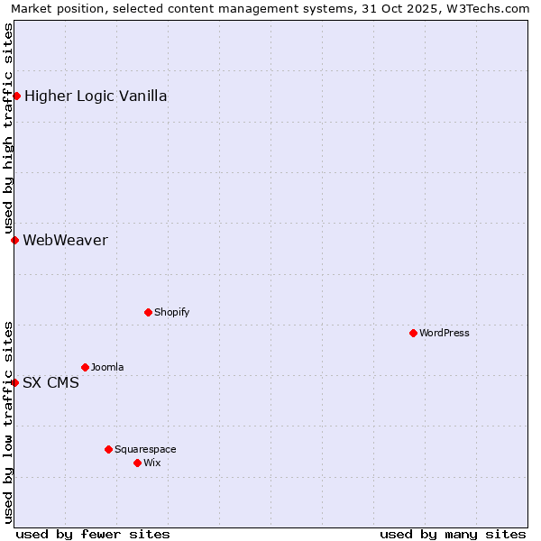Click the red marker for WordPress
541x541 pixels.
pyautogui.click(x=413, y=333)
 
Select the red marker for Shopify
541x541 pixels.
pyautogui.click(x=148, y=312)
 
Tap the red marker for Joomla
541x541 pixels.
pyautogui.click(x=85, y=367)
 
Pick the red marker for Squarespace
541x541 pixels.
pyautogui.click(x=108, y=449)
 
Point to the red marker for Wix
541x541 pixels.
pyautogui.click(x=137, y=463)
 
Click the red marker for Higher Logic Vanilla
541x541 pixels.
pyautogui.click(x=16, y=96)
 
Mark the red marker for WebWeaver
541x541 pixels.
pyautogui.click(x=14, y=240)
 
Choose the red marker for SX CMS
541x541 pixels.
pyautogui.click(x=14, y=382)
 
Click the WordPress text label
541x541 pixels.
pyautogui.click(x=445, y=333)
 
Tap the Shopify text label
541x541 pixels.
pyautogui.click(x=171, y=312)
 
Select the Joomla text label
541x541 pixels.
pyautogui.click(x=107, y=367)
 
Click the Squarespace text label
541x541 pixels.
pyautogui.click(x=145, y=449)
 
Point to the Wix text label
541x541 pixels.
pyautogui.click(x=151, y=463)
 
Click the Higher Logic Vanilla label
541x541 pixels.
pyautogui.click(x=96, y=96)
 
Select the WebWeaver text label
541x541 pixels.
pyautogui.click(x=65, y=240)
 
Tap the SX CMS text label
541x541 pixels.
pyautogui.click(x=50, y=382)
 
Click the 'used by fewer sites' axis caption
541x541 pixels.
pyautogui.click(x=93, y=534)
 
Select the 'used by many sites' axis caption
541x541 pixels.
pyautogui.click(x=453, y=534)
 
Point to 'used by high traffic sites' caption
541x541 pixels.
pyautogui.click(x=8, y=128)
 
